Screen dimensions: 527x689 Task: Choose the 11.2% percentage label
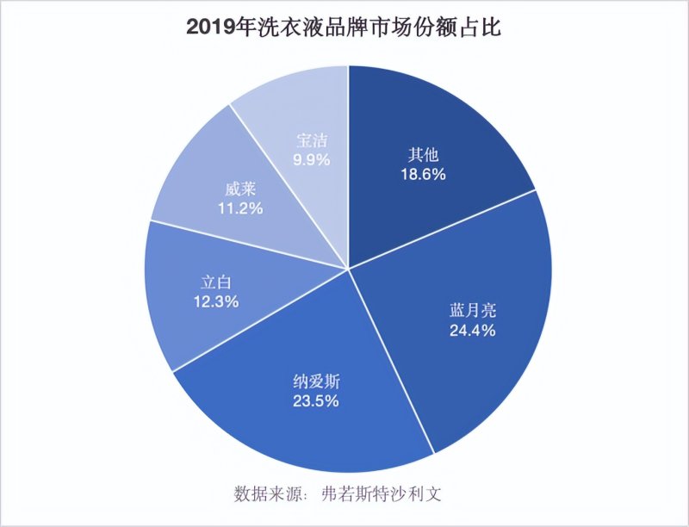(239, 208)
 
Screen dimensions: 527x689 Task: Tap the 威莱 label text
(239, 189)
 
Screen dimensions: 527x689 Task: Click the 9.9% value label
(312, 159)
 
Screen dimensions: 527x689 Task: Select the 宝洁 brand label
(312, 140)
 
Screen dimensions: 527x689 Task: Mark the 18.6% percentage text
(423, 174)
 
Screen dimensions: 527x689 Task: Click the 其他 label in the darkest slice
(423, 155)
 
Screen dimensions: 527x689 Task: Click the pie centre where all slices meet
(348, 270)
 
